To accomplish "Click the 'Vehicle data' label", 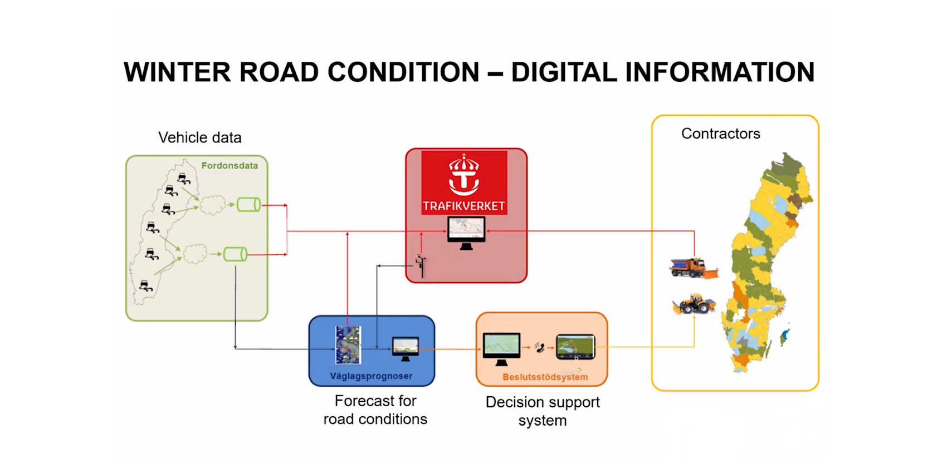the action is [199, 137].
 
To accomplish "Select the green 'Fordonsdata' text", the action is [230, 166].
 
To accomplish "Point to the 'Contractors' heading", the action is [720, 134].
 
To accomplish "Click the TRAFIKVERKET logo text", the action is [464, 206].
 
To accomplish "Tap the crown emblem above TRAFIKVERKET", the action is [464, 174].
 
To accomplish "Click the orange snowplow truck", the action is [694, 268].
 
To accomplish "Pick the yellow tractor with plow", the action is [694, 304].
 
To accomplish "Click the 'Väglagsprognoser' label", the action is [371, 376].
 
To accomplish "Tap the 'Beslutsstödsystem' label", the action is [545, 377].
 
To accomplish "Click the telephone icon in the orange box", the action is [539, 348].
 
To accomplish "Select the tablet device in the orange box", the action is [575, 347].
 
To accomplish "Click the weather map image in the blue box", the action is [348, 345].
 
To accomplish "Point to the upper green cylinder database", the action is [248, 205].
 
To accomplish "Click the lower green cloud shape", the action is [195, 254].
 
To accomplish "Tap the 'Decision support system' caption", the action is [543, 411].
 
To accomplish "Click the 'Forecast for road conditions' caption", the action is [375, 410].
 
